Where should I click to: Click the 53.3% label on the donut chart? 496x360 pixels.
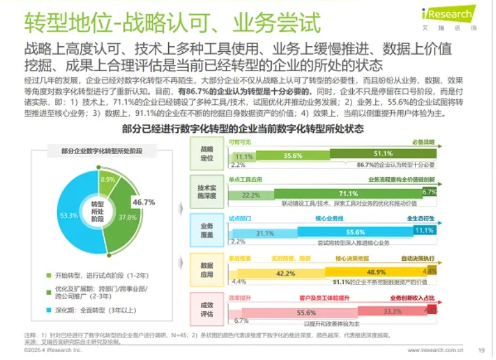(x=69, y=216)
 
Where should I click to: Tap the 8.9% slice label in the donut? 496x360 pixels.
(x=107, y=180)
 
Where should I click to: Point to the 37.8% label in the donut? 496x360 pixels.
(x=127, y=217)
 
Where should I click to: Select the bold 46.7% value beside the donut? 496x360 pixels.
(x=144, y=202)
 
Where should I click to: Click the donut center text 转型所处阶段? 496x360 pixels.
(x=97, y=211)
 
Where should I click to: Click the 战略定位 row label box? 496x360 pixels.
(x=207, y=154)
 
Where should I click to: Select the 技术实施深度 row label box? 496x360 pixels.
(x=207, y=191)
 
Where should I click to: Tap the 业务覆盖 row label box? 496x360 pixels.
(x=207, y=229)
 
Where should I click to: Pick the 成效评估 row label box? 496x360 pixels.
(x=207, y=309)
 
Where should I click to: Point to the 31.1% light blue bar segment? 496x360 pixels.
(x=264, y=233)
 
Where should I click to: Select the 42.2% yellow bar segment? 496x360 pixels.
(x=285, y=272)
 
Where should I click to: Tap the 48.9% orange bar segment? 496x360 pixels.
(x=376, y=272)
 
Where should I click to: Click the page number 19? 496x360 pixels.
(x=481, y=350)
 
